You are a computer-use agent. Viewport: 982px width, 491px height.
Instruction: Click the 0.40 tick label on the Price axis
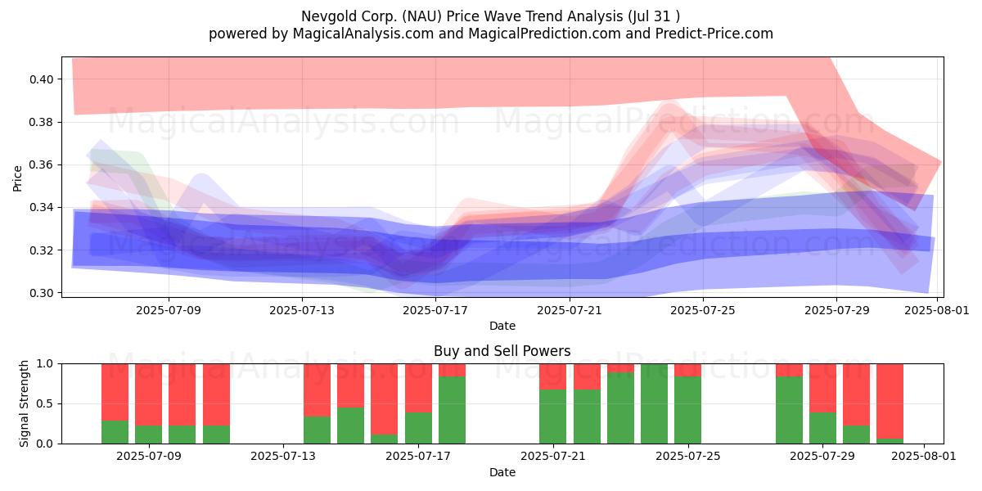41,79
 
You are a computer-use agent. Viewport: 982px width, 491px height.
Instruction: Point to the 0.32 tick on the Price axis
41,250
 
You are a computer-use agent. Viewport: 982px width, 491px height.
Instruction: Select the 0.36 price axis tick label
41,164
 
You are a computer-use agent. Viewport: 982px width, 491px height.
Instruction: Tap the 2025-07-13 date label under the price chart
302,310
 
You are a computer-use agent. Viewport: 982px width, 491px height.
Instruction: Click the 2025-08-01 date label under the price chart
937,310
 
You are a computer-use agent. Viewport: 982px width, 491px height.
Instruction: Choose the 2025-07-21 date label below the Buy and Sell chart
553,457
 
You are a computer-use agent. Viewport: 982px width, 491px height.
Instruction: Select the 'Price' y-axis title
17,178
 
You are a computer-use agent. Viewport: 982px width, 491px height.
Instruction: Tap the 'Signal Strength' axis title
24,403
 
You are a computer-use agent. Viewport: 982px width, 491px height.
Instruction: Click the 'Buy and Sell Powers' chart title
502,351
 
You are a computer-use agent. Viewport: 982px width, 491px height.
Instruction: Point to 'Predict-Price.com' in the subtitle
714,34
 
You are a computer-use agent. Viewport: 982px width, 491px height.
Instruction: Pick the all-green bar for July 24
654,403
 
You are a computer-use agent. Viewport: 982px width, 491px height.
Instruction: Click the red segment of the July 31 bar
890,401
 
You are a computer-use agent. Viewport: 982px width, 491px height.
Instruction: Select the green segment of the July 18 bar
452,410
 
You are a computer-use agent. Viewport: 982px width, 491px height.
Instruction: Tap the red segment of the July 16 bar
385,399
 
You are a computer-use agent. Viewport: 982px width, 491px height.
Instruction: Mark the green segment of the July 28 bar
789,410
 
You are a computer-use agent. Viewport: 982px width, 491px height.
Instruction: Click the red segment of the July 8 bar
148,394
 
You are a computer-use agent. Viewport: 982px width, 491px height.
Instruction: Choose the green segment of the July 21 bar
553,417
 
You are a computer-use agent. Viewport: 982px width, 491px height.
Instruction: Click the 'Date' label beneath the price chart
502,326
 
